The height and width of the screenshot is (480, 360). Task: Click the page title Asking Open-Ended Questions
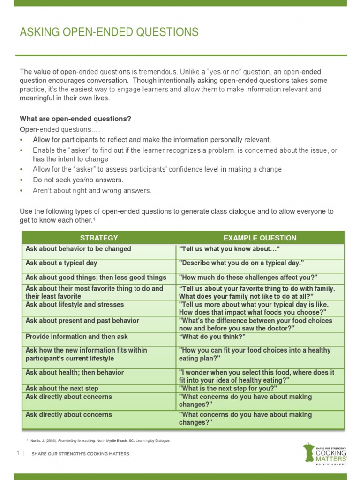point(109,32)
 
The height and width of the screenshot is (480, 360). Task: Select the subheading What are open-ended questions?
point(75,119)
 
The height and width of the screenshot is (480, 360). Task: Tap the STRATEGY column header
point(99,238)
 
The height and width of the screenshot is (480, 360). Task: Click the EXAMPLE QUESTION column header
point(260,238)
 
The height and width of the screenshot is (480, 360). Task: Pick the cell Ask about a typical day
point(61,263)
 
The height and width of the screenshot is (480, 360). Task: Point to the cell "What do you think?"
point(212,337)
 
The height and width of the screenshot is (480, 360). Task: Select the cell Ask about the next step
point(62,388)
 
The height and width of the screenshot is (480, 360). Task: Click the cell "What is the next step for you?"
point(228,388)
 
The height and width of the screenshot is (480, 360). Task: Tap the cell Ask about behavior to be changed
point(78,249)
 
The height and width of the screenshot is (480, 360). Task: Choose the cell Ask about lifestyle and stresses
point(75,305)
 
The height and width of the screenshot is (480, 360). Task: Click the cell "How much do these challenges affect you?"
point(248,277)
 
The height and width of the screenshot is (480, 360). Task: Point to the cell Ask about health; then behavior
point(75,372)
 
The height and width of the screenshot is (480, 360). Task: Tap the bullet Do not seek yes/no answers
point(78,180)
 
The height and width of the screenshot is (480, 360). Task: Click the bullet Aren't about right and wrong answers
point(92,190)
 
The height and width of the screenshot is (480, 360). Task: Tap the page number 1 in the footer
point(18,453)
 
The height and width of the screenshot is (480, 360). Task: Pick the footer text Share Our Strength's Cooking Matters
point(80,453)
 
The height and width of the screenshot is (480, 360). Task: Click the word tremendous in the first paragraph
point(157,72)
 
